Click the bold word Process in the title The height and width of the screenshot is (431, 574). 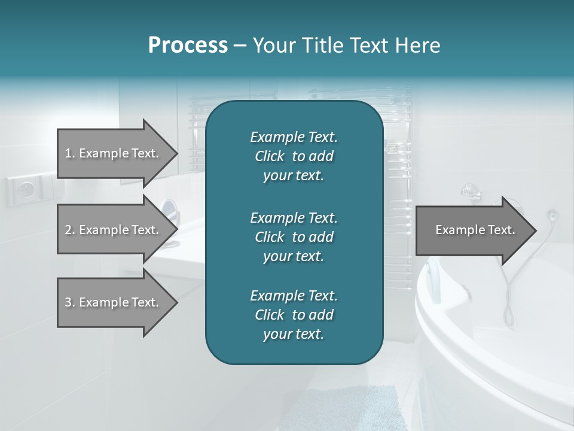(x=188, y=45)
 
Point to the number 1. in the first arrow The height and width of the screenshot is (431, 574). (x=69, y=153)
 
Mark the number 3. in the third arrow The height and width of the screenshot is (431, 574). (x=69, y=302)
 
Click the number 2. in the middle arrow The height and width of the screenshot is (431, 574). (x=69, y=230)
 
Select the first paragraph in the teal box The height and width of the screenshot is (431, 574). (x=294, y=156)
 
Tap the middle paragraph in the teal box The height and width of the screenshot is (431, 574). (x=294, y=236)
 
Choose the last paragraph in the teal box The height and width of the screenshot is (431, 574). (x=294, y=315)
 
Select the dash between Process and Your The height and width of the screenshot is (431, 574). (x=240, y=45)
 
